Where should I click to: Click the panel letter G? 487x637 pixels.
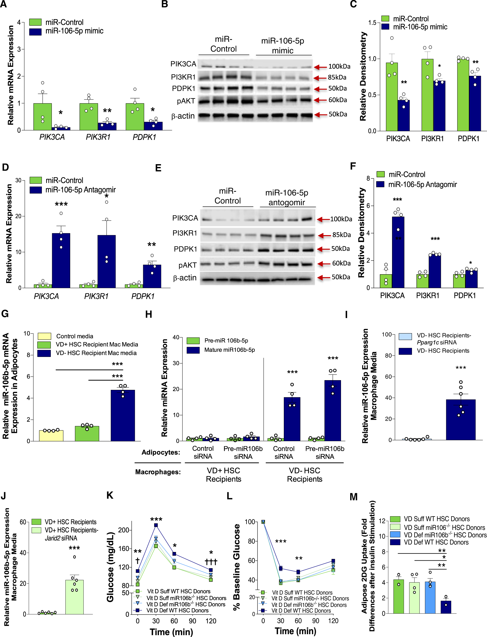coord(5,314)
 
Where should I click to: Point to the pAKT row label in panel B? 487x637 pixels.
coord(186,101)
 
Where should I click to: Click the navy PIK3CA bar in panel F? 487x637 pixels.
coord(398,252)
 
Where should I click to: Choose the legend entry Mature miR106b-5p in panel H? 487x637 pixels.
coord(229,350)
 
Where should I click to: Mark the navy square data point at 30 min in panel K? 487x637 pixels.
coord(156,525)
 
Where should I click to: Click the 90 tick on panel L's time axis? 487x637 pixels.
coord(316,621)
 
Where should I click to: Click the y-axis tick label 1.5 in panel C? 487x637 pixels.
coord(372,23)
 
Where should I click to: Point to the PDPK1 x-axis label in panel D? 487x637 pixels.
coord(143,296)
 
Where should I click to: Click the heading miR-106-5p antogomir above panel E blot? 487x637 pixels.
coord(287,197)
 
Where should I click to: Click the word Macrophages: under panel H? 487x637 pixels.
coord(158,472)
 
